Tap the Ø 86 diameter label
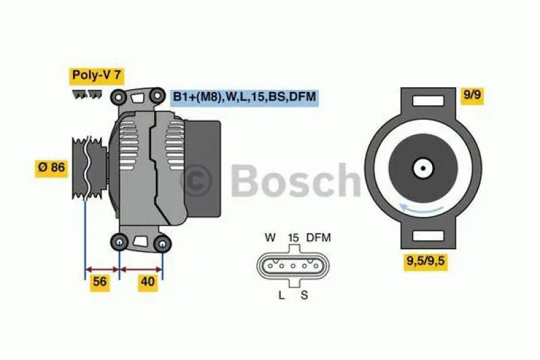coord(51,167)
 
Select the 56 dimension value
coord(100,282)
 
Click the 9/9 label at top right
coord(471,95)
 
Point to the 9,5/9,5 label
coord(426,261)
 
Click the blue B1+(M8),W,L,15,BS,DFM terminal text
coord(244,97)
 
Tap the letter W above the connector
coord(270,238)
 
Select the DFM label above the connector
coord(319,238)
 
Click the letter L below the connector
coord(282,294)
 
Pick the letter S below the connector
coord(305,294)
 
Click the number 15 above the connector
coord(294,238)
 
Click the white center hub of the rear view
coord(423,168)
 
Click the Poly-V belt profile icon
coord(86,93)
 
